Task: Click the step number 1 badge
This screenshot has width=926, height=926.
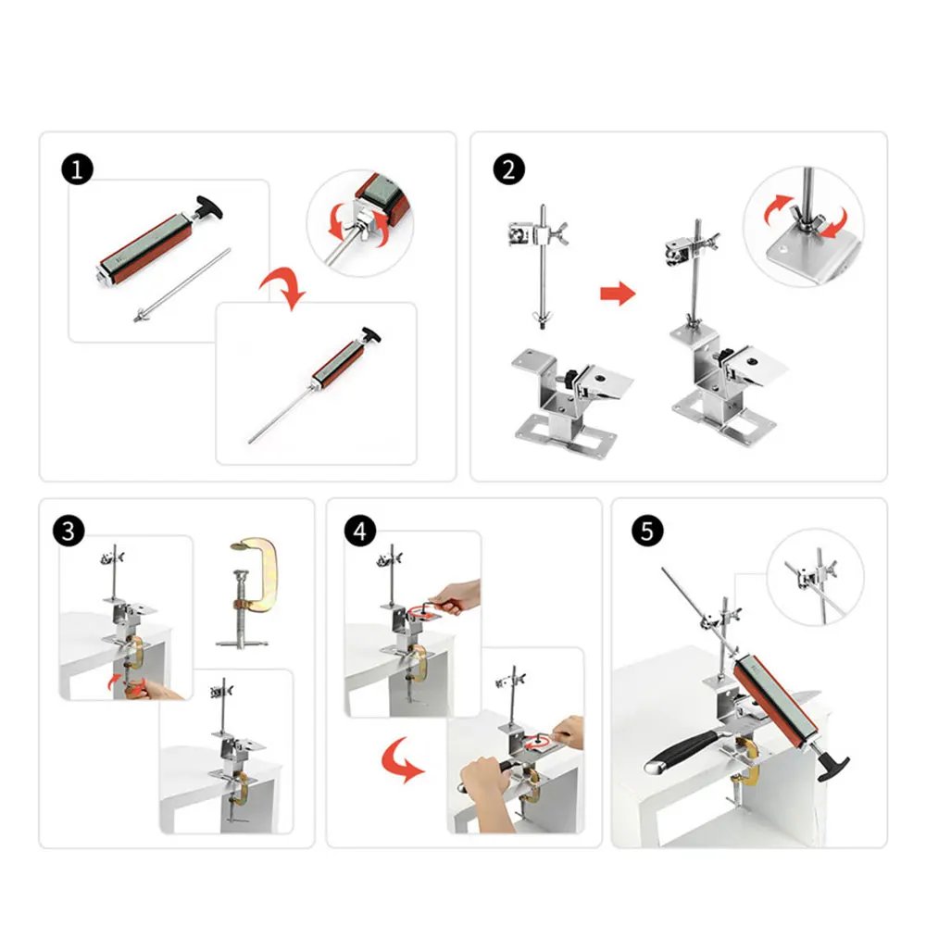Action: click(78, 169)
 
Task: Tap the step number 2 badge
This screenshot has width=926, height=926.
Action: click(509, 169)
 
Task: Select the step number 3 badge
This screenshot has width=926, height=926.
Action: click(69, 531)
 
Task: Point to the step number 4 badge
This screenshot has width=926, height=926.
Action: click(360, 531)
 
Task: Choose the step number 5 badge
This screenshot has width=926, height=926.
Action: click(648, 531)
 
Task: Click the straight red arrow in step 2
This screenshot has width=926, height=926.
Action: click(618, 294)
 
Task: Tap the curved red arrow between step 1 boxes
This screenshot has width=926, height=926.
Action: click(284, 286)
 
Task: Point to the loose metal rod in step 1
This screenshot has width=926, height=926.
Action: click(181, 285)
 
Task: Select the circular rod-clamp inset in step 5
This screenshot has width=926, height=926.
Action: click(815, 577)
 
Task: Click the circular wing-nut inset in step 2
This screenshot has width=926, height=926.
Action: click(803, 227)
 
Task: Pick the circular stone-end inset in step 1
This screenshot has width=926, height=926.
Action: click(360, 223)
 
